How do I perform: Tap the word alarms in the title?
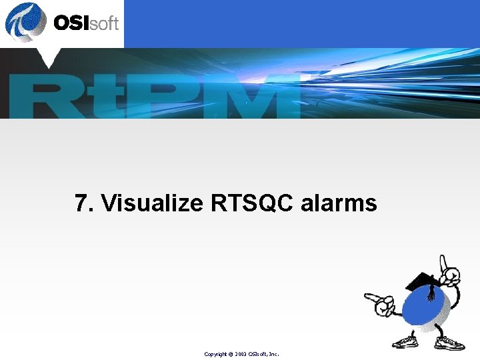point(339,203)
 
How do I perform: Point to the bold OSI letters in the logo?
point(72,23)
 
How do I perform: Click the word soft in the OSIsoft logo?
point(105,24)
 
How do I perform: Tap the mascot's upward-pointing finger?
point(441,261)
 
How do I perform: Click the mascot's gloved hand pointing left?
point(377,304)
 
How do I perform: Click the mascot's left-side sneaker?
point(406,343)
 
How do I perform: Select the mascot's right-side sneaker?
point(451,343)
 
